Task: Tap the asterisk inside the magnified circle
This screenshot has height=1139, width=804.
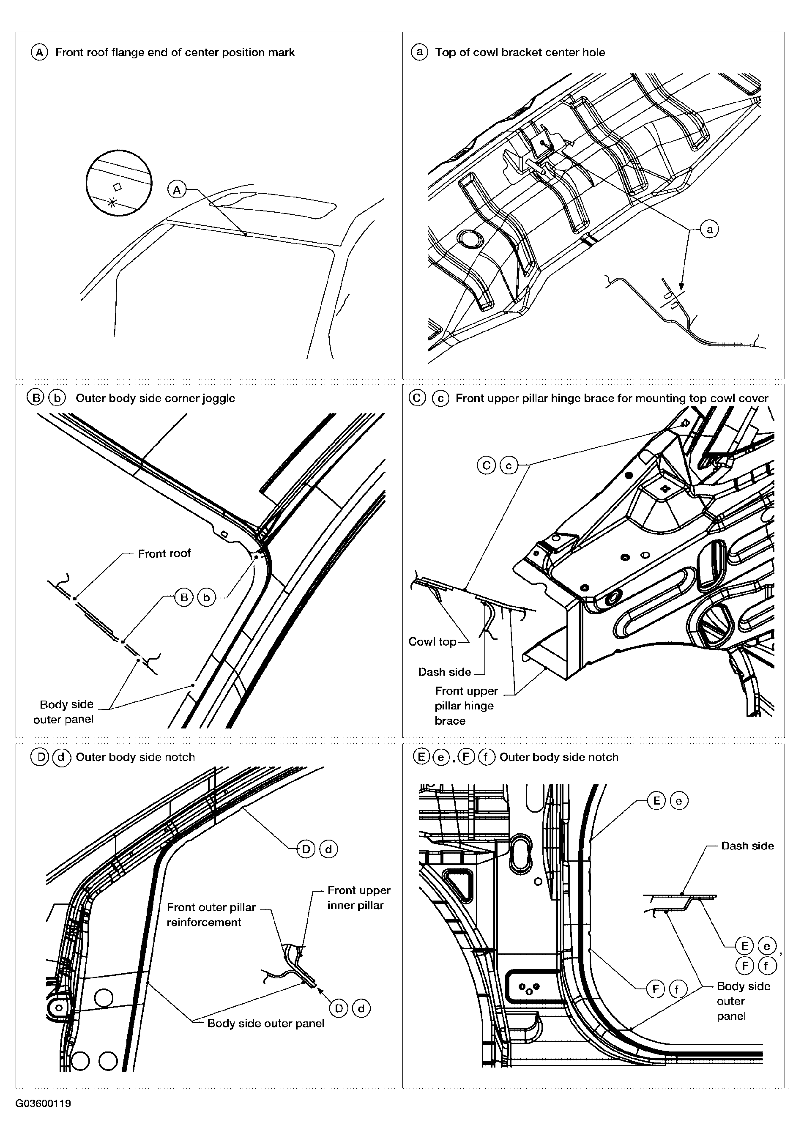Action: (112, 202)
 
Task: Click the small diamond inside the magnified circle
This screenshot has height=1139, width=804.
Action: (118, 186)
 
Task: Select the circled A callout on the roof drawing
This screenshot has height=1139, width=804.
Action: (177, 189)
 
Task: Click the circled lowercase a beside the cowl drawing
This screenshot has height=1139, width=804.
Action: (710, 229)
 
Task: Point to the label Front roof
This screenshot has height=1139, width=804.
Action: (164, 553)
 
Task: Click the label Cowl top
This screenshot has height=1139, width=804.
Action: (432, 641)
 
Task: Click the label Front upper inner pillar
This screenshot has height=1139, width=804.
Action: (358, 898)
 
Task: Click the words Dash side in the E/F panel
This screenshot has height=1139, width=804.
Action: (747, 846)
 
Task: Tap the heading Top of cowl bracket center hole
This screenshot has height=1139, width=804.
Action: (520, 52)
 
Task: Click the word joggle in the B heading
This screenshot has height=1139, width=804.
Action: (219, 398)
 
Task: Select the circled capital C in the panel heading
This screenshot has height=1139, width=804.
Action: (418, 398)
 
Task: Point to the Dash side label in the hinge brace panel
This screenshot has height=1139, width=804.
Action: (444, 672)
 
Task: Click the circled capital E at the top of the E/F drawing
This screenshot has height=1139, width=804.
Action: (656, 801)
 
